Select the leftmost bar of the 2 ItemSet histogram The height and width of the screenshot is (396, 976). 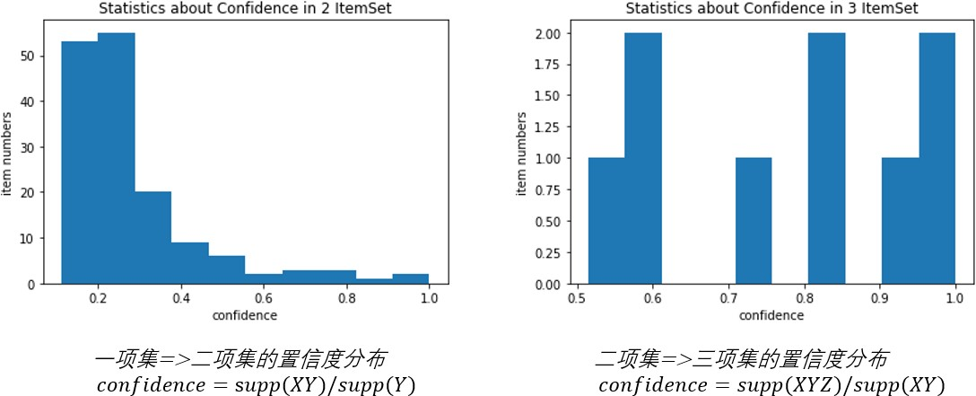79,163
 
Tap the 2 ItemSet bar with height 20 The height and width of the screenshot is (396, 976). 152,238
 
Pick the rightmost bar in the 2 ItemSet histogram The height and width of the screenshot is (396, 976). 409,279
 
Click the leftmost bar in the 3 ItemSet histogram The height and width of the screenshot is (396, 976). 606,222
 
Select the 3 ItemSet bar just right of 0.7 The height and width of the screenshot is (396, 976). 753,222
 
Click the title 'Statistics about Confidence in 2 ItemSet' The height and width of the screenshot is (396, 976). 245,10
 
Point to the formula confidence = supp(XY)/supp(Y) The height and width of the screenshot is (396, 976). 257,384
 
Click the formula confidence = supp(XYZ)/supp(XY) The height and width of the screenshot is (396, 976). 771,385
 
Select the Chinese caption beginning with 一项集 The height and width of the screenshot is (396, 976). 240,360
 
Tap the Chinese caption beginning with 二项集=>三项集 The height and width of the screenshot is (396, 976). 741,360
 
